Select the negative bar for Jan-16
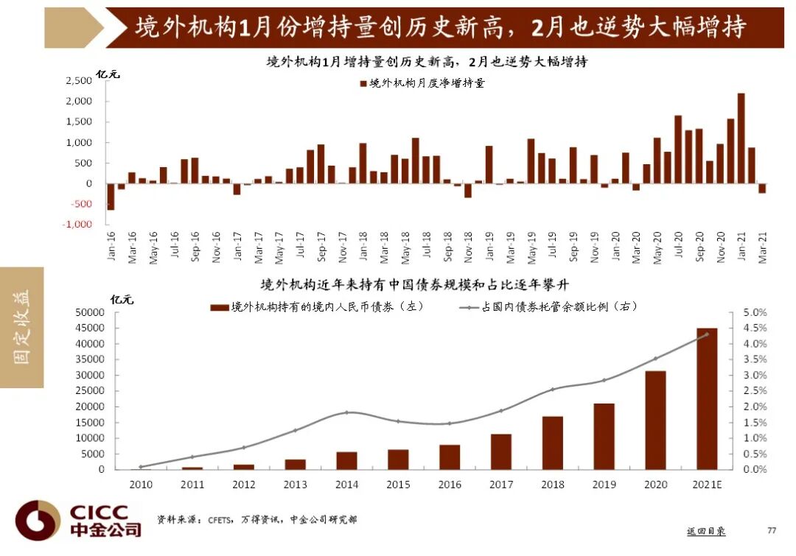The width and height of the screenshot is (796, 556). [111, 197]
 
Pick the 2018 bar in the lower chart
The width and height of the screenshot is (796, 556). [553, 443]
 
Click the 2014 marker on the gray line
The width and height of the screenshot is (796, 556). [347, 412]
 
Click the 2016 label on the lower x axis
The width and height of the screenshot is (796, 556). [450, 484]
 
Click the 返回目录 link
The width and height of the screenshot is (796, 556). [705, 530]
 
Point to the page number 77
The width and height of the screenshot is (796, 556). [772, 530]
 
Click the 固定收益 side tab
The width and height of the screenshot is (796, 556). [22, 327]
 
